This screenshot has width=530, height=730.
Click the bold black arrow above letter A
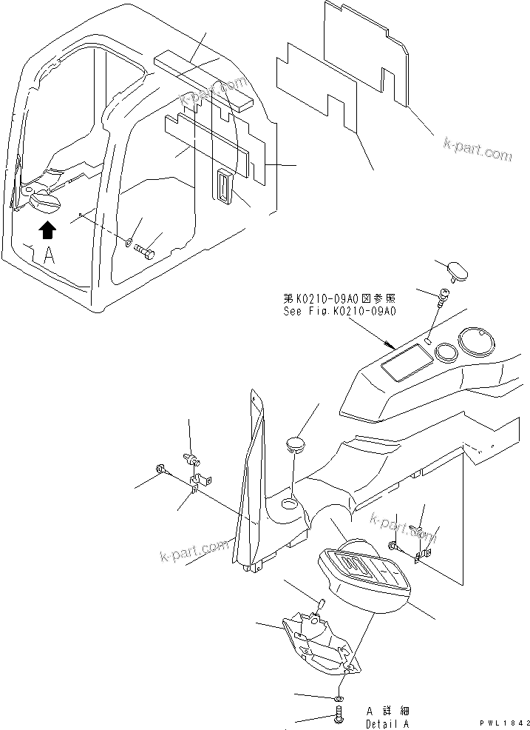[47, 230]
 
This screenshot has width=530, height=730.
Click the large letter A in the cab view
[49, 256]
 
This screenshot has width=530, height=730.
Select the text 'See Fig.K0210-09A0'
[340, 312]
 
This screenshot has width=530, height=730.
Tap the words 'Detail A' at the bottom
[387, 723]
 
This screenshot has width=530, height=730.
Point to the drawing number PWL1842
[505, 722]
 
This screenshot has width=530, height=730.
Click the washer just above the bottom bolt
[338, 697]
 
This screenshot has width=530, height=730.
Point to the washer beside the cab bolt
[129, 241]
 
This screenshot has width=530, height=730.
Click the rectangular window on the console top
[404, 364]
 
